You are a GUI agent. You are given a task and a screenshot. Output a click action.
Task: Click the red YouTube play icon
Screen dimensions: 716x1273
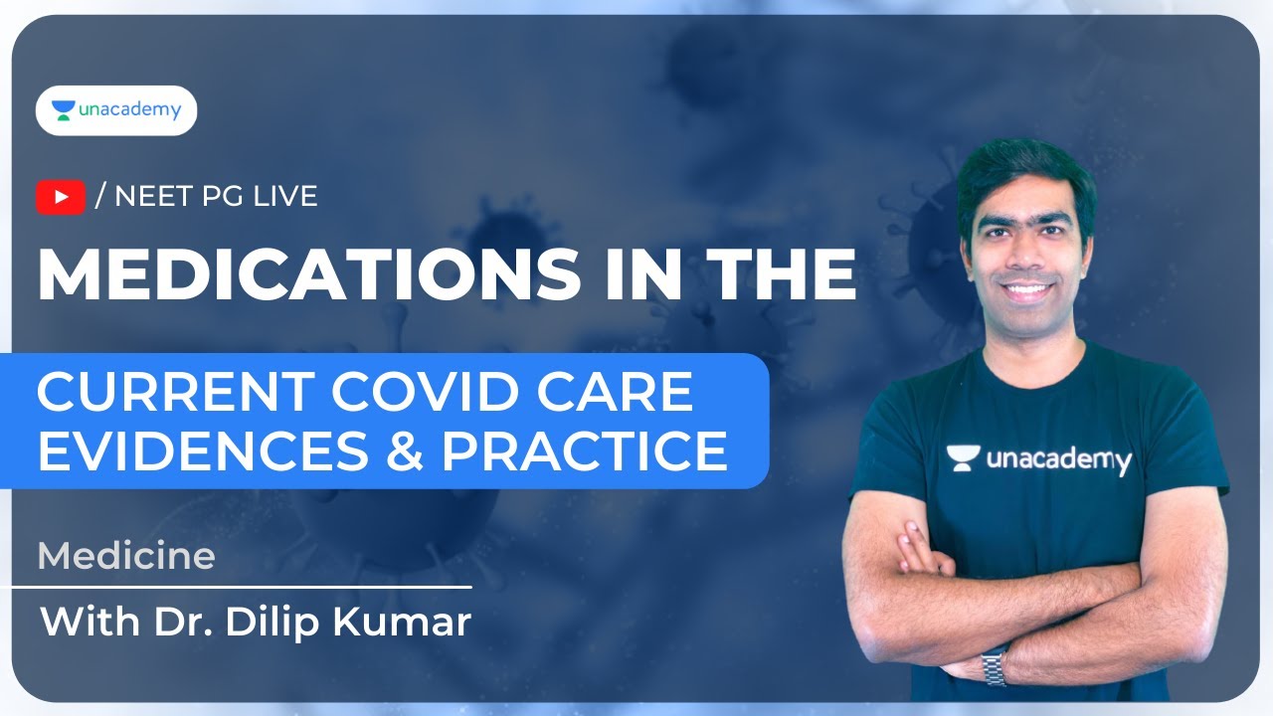pyautogui.click(x=61, y=197)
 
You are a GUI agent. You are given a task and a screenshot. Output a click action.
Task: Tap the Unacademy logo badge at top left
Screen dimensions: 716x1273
pyautogui.click(x=116, y=110)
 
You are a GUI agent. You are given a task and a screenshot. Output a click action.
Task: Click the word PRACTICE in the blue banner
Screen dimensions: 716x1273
pyautogui.click(x=585, y=449)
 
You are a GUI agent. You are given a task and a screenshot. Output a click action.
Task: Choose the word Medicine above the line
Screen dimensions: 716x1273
pyautogui.click(x=126, y=556)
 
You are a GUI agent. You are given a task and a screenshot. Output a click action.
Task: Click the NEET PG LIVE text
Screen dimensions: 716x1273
pyautogui.click(x=216, y=197)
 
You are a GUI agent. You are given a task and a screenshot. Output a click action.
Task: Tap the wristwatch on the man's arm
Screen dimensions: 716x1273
pyautogui.click(x=994, y=665)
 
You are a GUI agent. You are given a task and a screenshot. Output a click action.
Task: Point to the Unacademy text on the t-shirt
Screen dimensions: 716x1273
pyautogui.click(x=1059, y=459)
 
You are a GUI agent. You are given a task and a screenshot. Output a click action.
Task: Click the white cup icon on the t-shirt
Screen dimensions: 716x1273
pyautogui.click(x=962, y=458)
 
